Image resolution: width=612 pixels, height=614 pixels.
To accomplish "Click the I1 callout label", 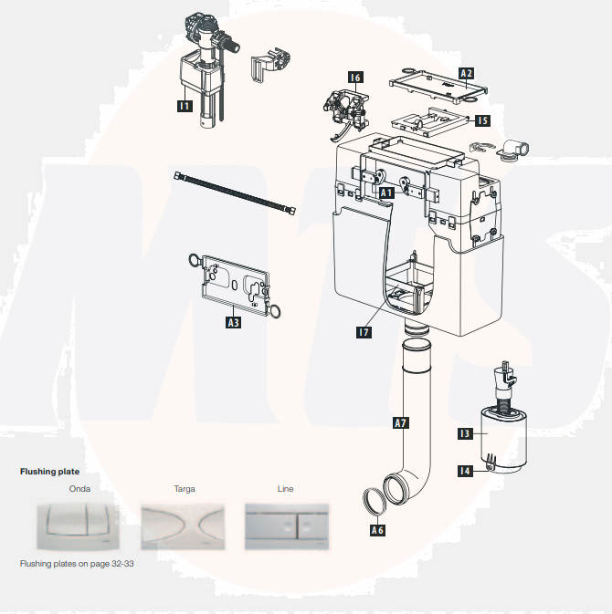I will tap(184, 107).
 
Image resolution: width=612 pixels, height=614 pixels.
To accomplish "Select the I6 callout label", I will tap(355, 78).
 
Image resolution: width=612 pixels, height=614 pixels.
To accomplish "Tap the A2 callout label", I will tap(466, 72).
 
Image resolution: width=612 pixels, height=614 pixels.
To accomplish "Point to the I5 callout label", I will tap(481, 120).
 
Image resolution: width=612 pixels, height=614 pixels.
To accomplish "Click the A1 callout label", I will tap(385, 193).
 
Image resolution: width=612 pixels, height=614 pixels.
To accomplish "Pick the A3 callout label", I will tap(234, 322).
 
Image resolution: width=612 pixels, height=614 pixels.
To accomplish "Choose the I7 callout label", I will tap(364, 332).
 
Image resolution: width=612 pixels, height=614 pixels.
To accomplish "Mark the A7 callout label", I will tap(399, 423).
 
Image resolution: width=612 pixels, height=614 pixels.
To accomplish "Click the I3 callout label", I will tap(464, 434).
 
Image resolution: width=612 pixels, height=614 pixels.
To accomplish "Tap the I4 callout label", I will tap(464, 471).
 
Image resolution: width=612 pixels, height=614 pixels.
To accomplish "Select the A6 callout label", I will tap(377, 529).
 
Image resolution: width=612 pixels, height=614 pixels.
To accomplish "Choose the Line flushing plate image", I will tap(285, 524).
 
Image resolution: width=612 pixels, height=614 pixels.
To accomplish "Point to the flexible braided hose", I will tap(233, 193).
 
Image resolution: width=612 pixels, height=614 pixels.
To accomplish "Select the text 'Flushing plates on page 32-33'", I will tap(77, 564).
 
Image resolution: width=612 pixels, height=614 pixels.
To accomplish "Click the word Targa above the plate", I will tap(184, 489).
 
